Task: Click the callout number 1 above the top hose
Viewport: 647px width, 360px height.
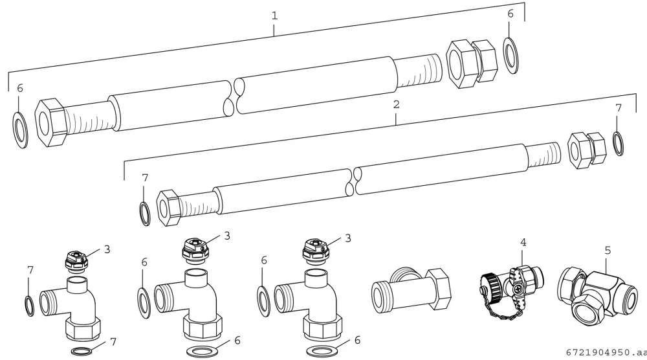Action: click(x=274, y=16)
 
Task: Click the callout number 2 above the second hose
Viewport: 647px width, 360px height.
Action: click(x=396, y=104)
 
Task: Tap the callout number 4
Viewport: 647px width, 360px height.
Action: click(x=523, y=242)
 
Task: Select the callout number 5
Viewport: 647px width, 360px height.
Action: click(x=608, y=250)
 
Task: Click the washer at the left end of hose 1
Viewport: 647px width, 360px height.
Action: click(x=21, y=129)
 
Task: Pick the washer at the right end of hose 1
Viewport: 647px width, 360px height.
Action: click(x=511, y=55)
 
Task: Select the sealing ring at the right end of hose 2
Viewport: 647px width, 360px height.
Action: click(x=618, y=143)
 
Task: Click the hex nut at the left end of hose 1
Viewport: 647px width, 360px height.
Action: click(x=50, y=122)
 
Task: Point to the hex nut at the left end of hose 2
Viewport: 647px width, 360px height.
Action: click(x=169, y=208)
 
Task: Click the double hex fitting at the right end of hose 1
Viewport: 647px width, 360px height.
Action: click(x=472, y=63)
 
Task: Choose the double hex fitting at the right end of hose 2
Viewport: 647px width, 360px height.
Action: click(x=587, y=150)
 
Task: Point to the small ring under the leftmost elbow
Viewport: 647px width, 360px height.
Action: click(x=82, y=352)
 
